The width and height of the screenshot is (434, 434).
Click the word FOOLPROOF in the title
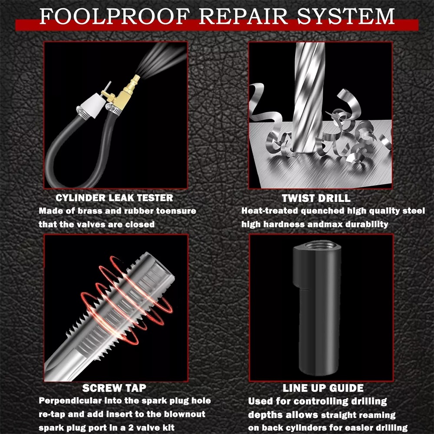click(115, 16)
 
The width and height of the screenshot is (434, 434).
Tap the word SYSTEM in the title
click(346, 16)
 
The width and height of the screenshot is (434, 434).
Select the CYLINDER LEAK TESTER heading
click(114, 198)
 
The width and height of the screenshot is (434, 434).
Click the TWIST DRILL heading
click(316, 198)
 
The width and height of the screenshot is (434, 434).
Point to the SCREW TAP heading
click(114, 388)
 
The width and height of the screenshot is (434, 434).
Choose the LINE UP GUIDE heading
click(323, 388)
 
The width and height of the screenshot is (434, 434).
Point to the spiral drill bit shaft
click(308, 97)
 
